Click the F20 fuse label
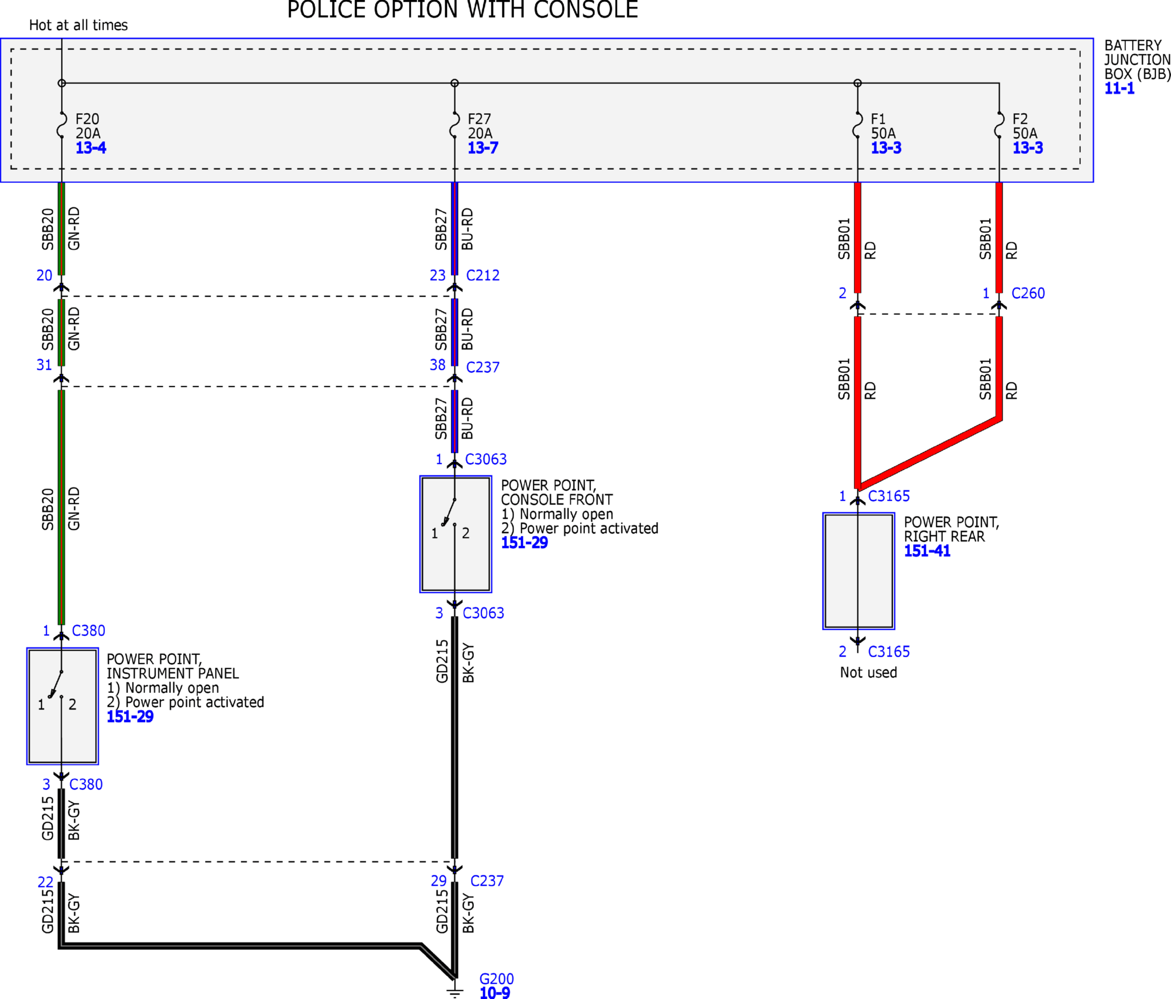(x=87, y=119)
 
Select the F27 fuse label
(x=479, y=119)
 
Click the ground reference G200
(x=496, y=979)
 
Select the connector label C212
(x=483, y=275)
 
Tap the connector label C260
(x=1028, y=293)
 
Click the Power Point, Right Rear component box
(x=859, y=571)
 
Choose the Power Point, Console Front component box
(x=456, y=534)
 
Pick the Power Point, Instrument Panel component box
(x=62, y=706)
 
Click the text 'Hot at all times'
(x=78, y=25)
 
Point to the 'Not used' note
(x=868, y=673)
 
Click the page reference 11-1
(x=1119, y=88)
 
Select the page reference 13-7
(x=483, y=147)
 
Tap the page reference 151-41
(x=927, y=551)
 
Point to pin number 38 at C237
(x=438, y=365)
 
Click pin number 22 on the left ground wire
(x=45, y=882)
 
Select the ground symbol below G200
(x=455, y=992)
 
